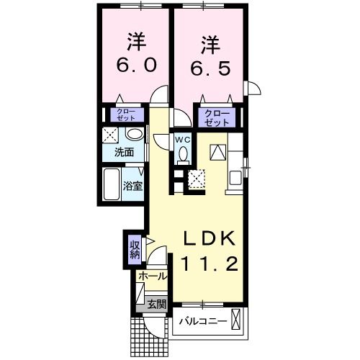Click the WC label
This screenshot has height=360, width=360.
click(x=181, y=138)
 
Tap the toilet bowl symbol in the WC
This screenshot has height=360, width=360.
click(x=183, y=153)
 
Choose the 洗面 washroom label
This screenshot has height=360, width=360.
click(x=124, y=152)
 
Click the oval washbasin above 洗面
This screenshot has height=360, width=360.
click(x=133, y=135)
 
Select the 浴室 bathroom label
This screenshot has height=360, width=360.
click(x=132, y=185)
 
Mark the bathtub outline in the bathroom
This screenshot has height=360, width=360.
click(x=112, y=184)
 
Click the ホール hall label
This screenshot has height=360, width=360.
click(x=151, y=276)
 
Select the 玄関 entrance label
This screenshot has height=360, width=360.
click(x=156, y=305)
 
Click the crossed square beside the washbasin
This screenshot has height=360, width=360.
click(x=109, y=135)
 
